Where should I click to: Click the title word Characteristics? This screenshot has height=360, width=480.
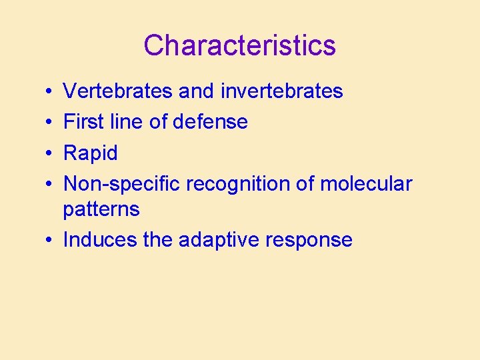point(239,45)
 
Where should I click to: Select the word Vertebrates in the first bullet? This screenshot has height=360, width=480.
point(118,91)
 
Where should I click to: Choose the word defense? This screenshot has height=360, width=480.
point(210,122)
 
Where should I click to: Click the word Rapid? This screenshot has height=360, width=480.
point(90,153)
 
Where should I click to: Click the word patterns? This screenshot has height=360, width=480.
point(101,209)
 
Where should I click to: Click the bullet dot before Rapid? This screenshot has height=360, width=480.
point(51,154)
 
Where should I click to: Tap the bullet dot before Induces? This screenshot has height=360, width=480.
point(51,241)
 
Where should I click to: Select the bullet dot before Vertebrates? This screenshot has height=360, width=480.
point(51,91)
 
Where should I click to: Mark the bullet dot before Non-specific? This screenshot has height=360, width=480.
point(51,185)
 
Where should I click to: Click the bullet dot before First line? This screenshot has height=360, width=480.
point(51,123)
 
